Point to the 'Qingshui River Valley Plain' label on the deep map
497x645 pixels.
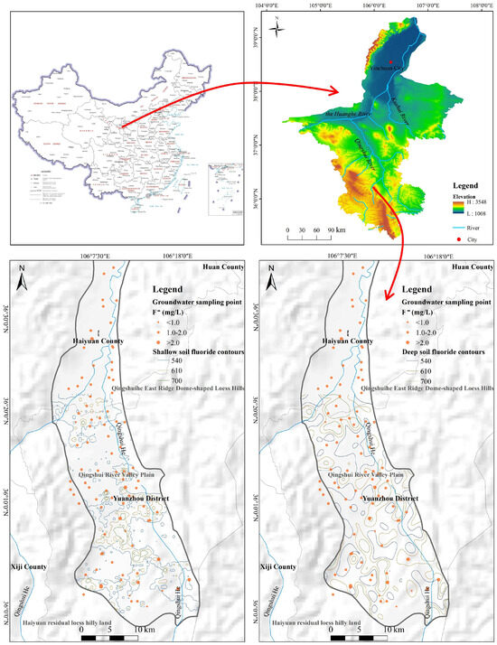pyautogui.click(x=365, y=473)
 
